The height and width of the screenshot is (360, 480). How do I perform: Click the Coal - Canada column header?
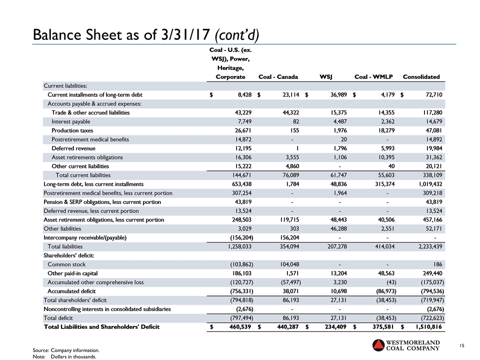[278, 77]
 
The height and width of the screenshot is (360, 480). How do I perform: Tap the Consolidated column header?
[421, 77]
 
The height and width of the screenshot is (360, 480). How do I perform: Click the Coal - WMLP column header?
[373, 77]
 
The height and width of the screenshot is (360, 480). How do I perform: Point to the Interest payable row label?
[71, 121]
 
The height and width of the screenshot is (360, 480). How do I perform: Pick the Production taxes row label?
[73, 130]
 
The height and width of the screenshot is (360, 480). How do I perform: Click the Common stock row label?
[66, 264]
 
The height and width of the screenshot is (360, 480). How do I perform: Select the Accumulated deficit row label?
[71, 291]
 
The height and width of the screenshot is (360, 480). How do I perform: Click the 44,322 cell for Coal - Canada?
[287, 112]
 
